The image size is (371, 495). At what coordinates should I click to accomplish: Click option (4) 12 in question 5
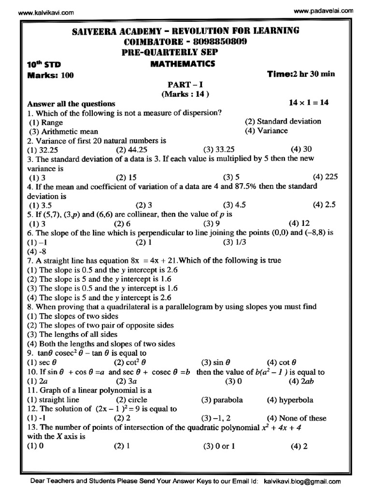299,223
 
